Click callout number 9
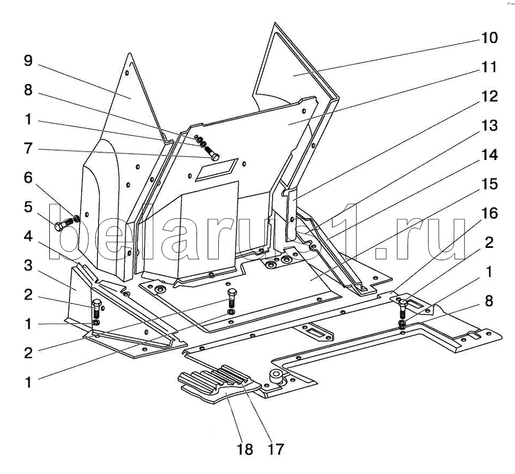click(x=27, y=61)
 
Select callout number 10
click(x=488, y=38)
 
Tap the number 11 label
click(x=488, y=67)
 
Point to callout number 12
click(x=488, y=97)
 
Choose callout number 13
click(x=488, y=126)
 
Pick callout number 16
click(x=488, y=214)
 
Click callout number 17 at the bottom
click(x=276, y=449)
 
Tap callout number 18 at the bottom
click(x=245, y=449)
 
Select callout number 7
click(x=27, y=149)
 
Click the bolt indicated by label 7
click(x=213, y=152)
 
